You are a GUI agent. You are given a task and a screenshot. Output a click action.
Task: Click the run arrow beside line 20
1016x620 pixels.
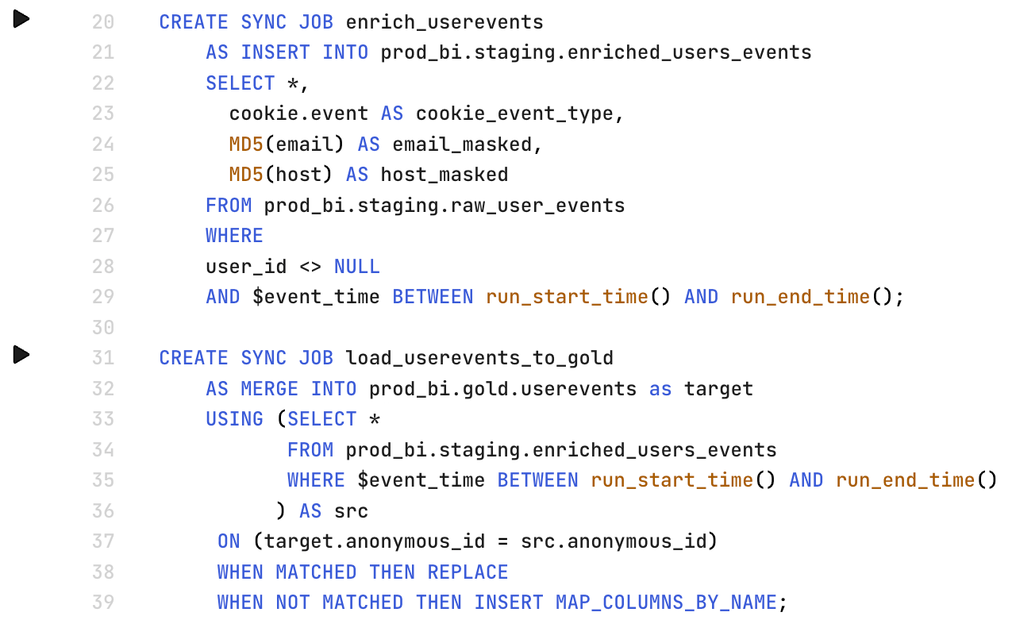21,19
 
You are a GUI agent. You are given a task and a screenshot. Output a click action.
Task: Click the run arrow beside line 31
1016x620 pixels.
21,355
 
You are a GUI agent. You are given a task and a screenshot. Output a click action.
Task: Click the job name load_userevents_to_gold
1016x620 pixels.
479,358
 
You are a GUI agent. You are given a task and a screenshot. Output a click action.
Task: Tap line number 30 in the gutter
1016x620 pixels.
103,327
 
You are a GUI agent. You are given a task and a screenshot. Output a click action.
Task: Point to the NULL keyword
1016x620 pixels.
356,266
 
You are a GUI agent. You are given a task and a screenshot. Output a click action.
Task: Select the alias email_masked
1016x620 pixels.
461,144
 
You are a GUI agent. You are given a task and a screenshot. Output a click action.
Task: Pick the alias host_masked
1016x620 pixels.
444,175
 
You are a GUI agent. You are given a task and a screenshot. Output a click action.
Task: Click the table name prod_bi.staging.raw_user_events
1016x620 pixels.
444,206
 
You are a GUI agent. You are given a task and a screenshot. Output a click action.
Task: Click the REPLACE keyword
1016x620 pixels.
468,572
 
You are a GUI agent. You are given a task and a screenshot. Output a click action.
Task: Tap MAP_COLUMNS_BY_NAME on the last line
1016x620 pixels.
666,603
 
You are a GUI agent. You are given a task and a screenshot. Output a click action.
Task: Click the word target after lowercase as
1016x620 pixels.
718,389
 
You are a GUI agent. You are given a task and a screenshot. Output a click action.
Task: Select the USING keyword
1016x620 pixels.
234,419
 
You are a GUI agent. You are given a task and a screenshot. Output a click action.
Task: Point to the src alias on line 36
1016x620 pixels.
351,510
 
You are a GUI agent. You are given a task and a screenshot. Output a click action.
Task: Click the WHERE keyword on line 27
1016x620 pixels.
234,236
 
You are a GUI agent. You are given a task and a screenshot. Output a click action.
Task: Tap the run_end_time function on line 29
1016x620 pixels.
800,297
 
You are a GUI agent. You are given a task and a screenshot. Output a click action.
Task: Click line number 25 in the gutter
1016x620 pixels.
103,175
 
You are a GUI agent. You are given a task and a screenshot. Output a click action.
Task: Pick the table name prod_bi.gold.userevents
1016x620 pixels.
502,389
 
